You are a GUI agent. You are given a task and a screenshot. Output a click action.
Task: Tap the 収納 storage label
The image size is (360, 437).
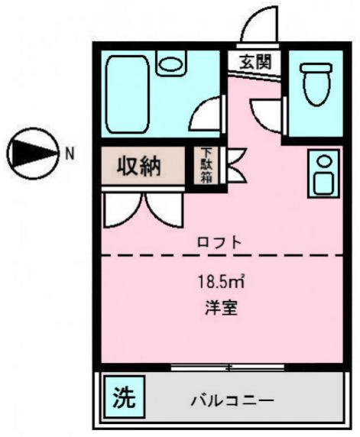coord(139,167)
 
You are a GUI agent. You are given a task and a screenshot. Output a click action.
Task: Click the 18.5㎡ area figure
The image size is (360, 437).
coord(220,281)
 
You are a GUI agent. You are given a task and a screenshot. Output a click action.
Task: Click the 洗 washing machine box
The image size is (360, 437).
coord(122,397)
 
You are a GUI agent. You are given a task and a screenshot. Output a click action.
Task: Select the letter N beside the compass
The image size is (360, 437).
coord(70,153)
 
